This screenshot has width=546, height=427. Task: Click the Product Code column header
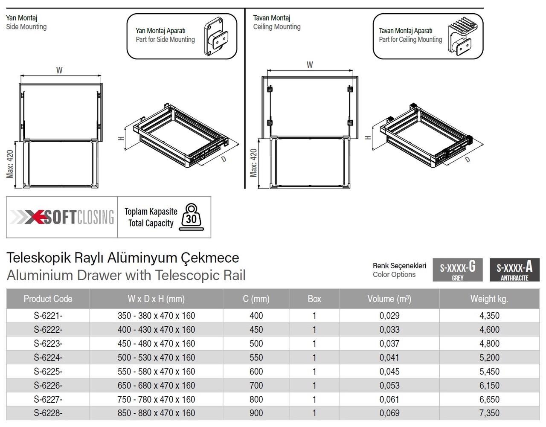click(x=48, y=299)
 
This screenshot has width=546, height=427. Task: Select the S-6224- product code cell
click(x=48, y=357)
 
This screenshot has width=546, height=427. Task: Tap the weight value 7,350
click(x=489, y=413)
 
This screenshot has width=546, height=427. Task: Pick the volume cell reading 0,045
click(x=389, y=371)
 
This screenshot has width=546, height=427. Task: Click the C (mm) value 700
click(x=256, y=385)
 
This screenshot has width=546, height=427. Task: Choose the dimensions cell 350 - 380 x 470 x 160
click(x=156, y=316)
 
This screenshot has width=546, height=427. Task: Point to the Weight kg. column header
click(x=489, y=299)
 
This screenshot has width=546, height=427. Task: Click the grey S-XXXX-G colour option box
click(x=458, y=270)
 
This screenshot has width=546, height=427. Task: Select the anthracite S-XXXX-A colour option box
click(x=514, y=270)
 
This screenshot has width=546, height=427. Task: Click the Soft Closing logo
click(x=62, y=217)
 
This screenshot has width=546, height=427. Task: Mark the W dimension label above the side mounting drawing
click(x=59, y=70)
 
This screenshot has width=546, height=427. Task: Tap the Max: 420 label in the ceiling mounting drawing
click(x=253, y=163)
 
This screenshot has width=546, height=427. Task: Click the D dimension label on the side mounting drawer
click(x=224, y=159)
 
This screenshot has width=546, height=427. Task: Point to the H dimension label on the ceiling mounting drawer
click(x=368, y=137)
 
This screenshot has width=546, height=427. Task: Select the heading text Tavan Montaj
click(x=272, y=18)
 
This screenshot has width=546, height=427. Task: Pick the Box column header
click(x=314, y=299)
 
